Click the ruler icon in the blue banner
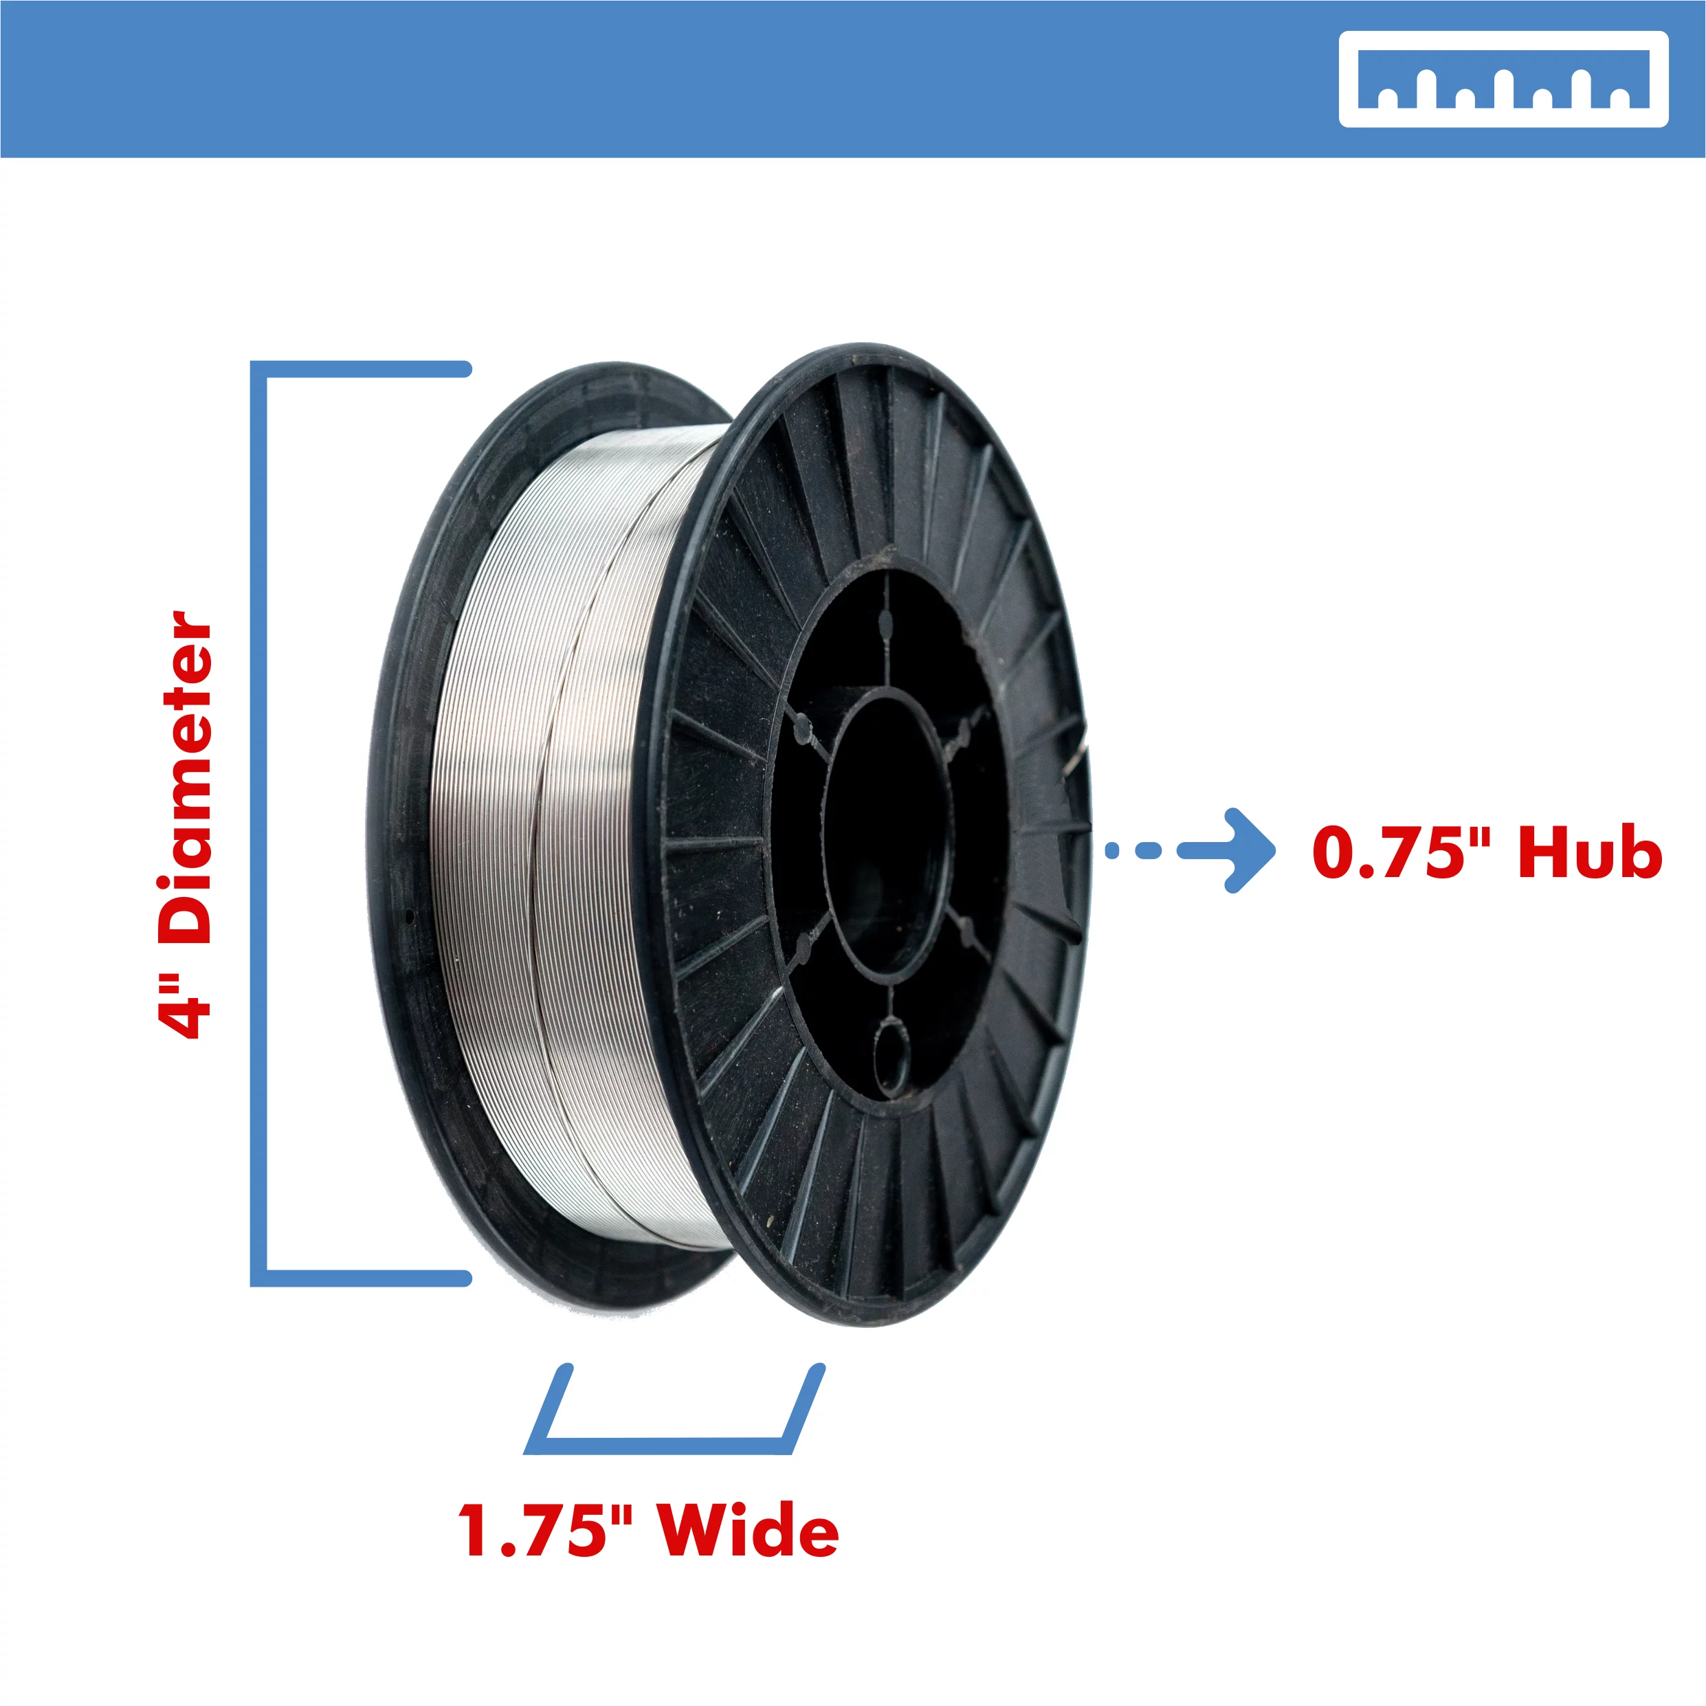coord(1503,80)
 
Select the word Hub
coord(1589,852)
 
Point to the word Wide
coord(749,1530)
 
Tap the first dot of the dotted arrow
coord(1113,850)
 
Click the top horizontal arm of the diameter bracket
coord(362,369)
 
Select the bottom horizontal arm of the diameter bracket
coord(362,1278)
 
